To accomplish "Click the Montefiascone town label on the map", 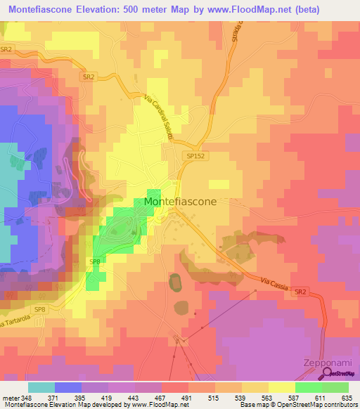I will point(180,201).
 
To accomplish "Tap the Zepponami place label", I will point(321,363).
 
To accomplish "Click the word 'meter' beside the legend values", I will point(10,397).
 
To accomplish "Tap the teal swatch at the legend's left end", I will point(41,387).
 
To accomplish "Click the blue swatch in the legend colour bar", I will point(67,387).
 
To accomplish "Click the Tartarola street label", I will point(17,318).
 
